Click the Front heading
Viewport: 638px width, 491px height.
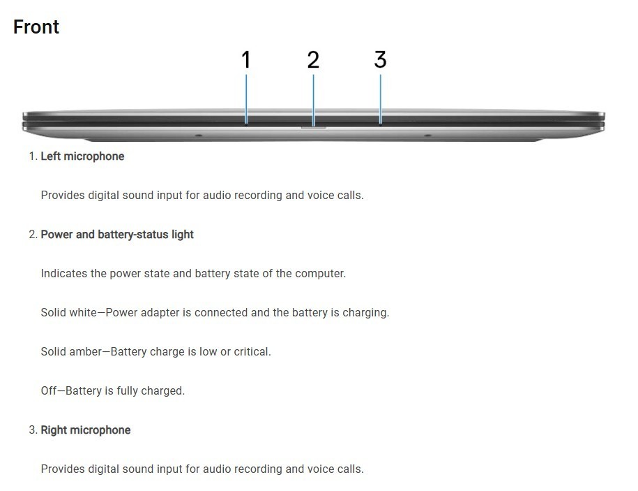click(36, 27)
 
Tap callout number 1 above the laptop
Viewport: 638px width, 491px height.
click(245, 59)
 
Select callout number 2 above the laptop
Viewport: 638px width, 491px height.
click(313, 59)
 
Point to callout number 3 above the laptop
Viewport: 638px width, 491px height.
click(380, 59)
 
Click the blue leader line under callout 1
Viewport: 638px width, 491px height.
click(245, 98)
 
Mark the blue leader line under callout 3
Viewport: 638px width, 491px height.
click(381, 98)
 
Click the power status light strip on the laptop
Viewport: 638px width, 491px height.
click(313, 127)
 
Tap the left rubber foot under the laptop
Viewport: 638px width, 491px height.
click(198, 135)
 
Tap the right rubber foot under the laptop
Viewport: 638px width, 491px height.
click(427, 135)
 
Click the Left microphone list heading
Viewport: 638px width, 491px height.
click(82, 156)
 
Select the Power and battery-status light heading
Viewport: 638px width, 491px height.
click(117, 234)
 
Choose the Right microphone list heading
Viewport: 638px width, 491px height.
click(86, 430)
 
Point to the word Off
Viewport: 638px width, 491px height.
click(48, 390)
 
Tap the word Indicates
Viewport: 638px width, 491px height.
click(64, 273)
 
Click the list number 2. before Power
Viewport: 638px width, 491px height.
click(33, 234)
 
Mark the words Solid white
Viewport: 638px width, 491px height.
click(69, 312)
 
